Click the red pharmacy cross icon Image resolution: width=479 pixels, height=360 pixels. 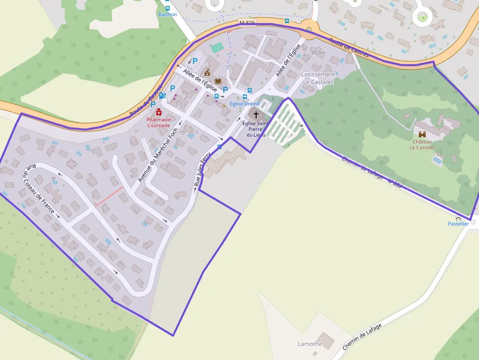159,112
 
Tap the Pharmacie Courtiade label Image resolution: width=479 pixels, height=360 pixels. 159,122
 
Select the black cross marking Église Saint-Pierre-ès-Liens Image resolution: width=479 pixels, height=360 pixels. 256,114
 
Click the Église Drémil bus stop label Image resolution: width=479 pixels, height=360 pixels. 244,104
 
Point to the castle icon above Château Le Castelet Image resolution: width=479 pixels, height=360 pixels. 422,133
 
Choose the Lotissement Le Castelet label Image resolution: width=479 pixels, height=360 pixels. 318,78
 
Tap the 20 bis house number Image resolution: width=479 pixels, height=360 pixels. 318,52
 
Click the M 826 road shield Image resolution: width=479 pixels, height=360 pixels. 247,22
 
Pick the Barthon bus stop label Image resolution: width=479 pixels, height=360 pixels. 168,15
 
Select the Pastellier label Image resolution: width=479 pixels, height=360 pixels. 458,224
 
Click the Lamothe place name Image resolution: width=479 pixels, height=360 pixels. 310,344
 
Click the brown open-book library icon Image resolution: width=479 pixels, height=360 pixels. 218,81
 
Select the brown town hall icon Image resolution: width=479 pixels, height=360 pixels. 207,73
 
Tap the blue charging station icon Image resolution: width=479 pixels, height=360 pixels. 162,96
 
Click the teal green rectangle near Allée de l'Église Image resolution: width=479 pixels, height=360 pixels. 217,47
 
